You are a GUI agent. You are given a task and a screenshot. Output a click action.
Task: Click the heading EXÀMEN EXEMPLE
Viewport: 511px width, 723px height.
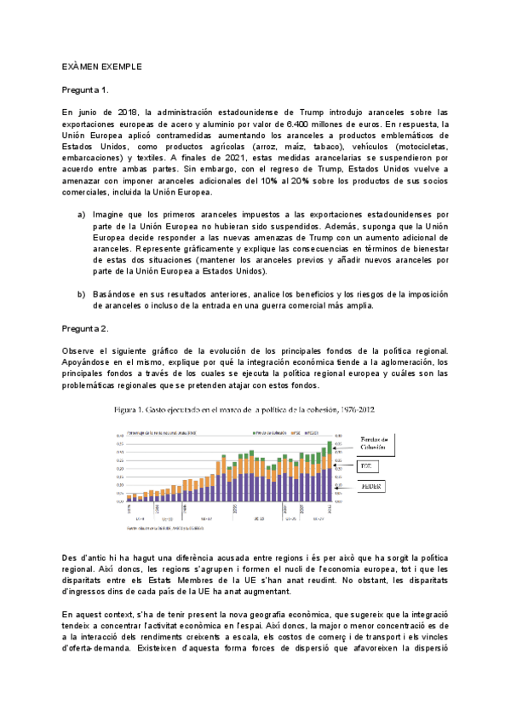[102, 66]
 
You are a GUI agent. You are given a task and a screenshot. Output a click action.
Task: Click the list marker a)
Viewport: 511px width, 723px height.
[82, 214]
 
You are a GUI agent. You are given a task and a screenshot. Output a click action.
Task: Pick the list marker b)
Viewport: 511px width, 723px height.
[82, 294]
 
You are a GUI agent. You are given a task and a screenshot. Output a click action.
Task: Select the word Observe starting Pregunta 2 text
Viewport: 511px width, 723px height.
[83, 350]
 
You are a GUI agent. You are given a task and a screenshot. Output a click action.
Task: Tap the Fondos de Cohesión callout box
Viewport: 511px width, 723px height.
[372, 444]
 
